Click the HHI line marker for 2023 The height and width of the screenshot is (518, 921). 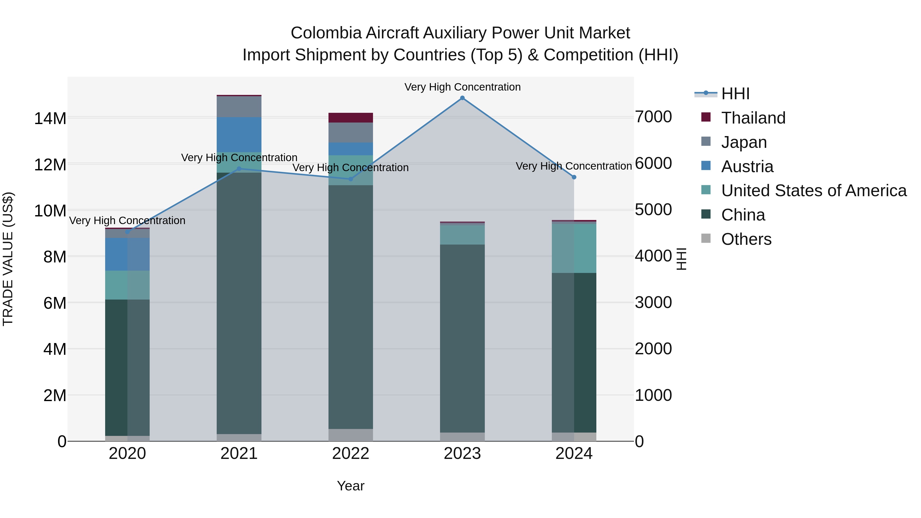coord(462,98)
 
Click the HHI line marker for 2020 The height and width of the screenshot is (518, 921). coord(128,232)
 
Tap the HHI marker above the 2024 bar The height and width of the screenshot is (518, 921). coord(574,177)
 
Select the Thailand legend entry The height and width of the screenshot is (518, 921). coord(753,118)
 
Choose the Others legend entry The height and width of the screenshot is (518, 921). coord(746,239)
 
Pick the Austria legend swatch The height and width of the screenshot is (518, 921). coord(706,166)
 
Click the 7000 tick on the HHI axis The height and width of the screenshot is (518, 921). coord(653,117)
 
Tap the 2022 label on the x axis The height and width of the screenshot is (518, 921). coord(350,454)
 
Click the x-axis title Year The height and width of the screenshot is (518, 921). coord(350,486)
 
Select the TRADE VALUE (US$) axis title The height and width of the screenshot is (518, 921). coord(8,259)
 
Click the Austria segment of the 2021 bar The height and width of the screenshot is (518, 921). coord(239,135)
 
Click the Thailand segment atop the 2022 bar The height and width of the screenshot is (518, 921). coord(350,118)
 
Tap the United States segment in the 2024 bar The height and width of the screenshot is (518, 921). coord(574,248)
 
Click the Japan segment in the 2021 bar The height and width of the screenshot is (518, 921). coord(239,106)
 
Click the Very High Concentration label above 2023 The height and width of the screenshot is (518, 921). coord(462,87)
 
